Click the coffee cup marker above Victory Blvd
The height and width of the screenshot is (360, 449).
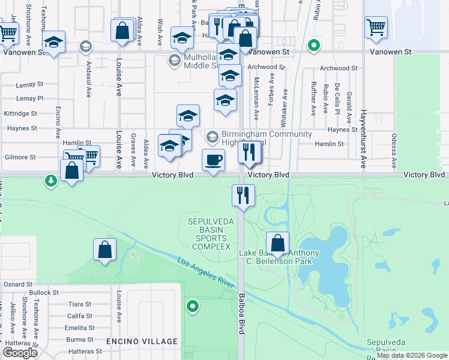click(213, 160)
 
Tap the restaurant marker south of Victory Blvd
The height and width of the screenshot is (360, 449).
click(243, 196)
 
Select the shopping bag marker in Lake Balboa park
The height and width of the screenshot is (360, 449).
click(277, 244)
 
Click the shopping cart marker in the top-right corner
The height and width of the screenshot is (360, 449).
click(376, 27)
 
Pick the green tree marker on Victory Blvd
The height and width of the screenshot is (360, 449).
click(51, 180)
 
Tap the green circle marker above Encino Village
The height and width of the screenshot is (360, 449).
click(192, 307)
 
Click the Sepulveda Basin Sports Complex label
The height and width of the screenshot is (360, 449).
click(209, 234)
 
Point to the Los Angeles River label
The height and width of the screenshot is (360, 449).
click(204, 273)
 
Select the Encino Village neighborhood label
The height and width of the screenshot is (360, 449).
click(142, 341)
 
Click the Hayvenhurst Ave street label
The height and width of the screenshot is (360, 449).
click(363, 139)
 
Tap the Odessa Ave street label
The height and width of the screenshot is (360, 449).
click(394, 151)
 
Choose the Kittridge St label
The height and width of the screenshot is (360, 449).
click(20, 113)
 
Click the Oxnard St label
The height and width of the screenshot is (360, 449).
click(17, 284)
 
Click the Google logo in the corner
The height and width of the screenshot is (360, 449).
click(20, 353)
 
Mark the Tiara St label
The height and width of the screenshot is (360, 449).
click(79, 304)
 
